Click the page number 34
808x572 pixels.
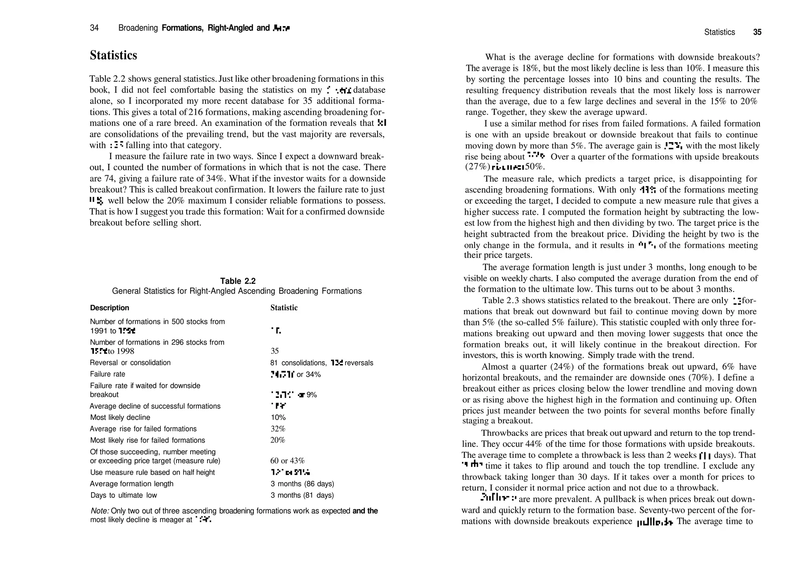[x=94, y=28]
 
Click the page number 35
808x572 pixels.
[x=757, y=32]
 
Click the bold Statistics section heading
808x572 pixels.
[x=113, y=55]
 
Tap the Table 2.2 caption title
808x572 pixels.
[x=238, y=281]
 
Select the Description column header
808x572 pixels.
[x=109, y=308]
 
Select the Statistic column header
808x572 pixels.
[x=284, y=308]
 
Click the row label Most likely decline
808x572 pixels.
[x=120, y=418]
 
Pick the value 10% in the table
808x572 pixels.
[x=278, y=418]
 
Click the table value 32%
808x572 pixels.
[x=278, y=429]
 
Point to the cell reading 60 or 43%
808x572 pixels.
[x=287, y=461]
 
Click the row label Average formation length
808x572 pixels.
[x=131, y=484]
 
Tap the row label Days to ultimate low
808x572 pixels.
[x=123, y=495]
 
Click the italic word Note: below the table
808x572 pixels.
[x=100, y=511]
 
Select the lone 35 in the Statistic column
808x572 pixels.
[x=275, y=351]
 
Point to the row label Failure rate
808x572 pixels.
[x=107, y=374]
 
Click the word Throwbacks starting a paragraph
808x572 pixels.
[x=500, y=433]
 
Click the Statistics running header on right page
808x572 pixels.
[x=719, y=32]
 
